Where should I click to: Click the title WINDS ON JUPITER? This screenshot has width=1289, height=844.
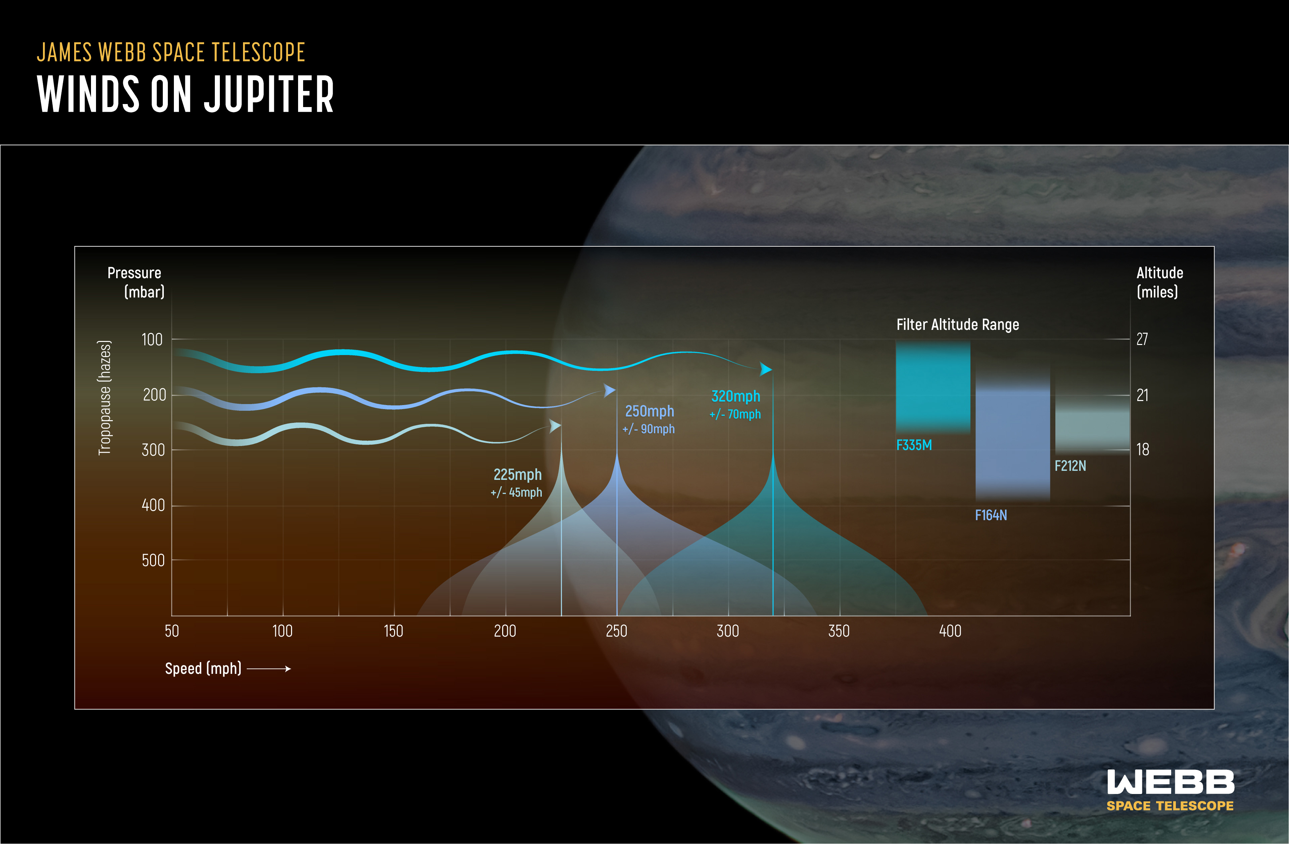[x=185, y=94]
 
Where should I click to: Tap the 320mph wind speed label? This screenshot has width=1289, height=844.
[x=735, y=396]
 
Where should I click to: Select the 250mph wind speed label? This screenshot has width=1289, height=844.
[x=650, y=411]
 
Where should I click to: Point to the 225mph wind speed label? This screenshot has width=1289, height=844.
[x=517, y=475]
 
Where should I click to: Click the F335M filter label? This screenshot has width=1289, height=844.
[x=914, y=445]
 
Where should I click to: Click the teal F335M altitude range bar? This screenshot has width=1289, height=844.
[x=933, y=387]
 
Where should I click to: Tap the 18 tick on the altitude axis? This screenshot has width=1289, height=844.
[x=1142, y=449]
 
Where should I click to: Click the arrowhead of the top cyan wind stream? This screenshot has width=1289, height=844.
[x=766, y=369]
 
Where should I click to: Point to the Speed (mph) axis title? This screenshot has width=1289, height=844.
[x=203, y=668]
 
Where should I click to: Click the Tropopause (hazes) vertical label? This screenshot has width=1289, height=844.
[x=104, y=398]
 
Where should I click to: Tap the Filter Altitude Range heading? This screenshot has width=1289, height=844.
[x=958, y=325]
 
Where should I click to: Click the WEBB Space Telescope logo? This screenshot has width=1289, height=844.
[x=1170, y=790]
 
